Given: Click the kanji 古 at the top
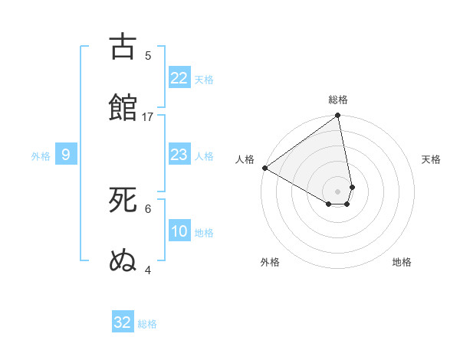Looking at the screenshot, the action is (123, 47).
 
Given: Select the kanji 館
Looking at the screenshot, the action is (123, 107).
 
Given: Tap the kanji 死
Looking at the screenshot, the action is (123, 200).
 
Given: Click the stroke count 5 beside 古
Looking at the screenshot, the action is (148, 55).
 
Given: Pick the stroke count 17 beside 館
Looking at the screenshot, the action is (148, 116).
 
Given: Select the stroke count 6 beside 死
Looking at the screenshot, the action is (148, 208).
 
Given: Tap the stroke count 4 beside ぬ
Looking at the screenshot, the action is (148, 270).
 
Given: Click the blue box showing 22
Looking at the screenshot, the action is (179, 78).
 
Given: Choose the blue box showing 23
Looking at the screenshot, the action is (179, 155).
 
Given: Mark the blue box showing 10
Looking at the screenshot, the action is (179, 231).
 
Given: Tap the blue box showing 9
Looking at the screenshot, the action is (66, 155).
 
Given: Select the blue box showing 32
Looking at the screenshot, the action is (123, 322).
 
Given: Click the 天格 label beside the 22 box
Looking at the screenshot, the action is (204, 79).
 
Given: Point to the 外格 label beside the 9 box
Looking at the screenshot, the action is (41, 155).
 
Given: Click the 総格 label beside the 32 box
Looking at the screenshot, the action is (147, 323).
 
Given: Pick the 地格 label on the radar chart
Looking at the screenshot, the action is (402, 262).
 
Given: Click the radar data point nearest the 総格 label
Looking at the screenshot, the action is (338, 116).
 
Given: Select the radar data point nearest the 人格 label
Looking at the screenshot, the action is (264, 168).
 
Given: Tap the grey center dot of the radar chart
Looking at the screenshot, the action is (338, 191).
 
